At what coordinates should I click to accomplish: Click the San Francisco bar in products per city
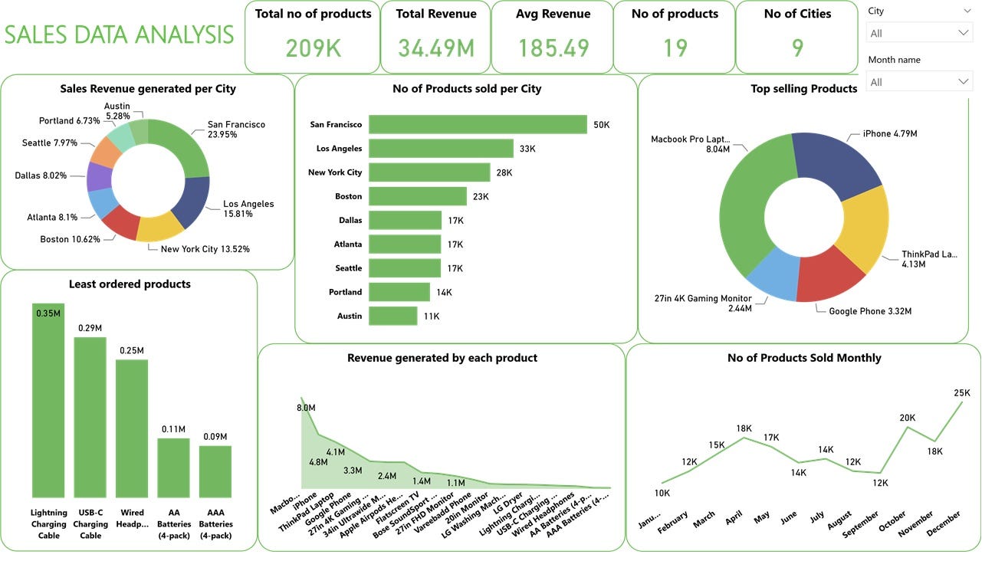[x=477, y=124]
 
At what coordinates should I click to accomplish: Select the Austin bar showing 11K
[x=392, y=316]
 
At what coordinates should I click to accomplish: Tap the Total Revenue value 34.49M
[x=435, y=48]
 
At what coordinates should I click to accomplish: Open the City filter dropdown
[x=919, y=33]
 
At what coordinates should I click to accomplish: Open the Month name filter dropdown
[x=919, y=81]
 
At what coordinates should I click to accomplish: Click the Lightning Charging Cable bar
[x=48, y=400]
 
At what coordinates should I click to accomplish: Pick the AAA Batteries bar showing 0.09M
[x=215, y=471]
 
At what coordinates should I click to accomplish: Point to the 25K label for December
[x=961, y=393]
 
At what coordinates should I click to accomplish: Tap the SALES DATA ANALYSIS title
[x=120, y=34]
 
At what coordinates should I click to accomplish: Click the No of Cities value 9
[x=797, y=48]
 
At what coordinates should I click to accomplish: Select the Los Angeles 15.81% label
[x=248, y=208]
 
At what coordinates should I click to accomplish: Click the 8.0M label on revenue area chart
[x=306, y=408]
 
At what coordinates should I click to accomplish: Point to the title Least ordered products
[x=130, y=284]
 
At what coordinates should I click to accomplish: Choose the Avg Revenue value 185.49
[x=553, y=48]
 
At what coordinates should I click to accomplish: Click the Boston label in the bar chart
[x=348, y=196]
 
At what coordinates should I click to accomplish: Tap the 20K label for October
[x=908, y=418]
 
